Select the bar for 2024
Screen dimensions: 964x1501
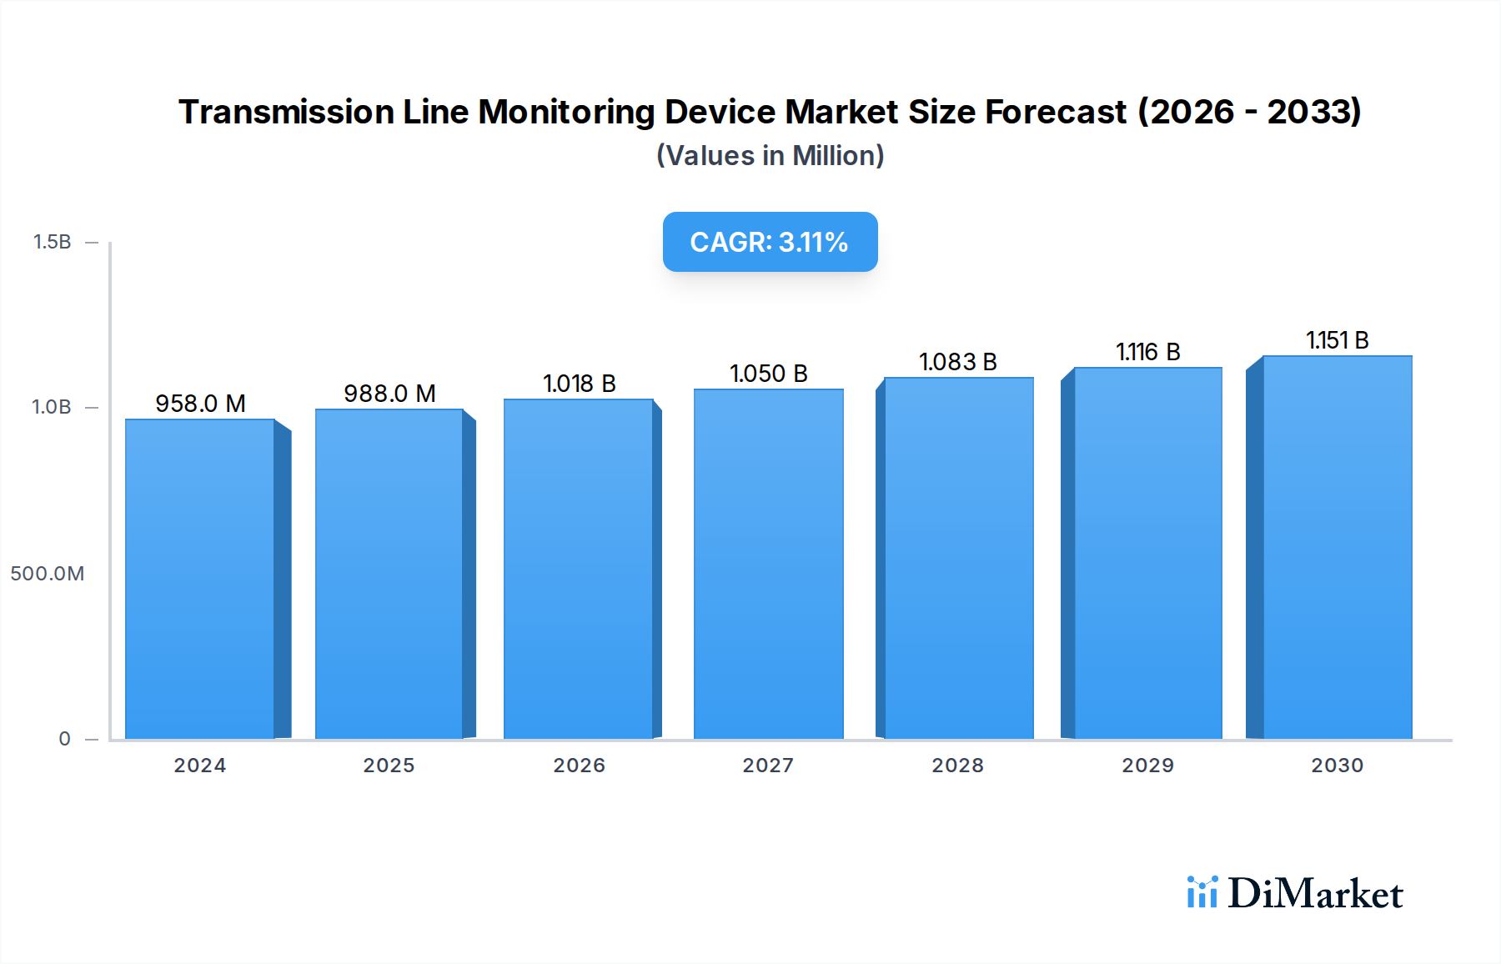point(200,579)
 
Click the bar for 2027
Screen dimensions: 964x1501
point(768,564)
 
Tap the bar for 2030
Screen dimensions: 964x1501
point(1338,547)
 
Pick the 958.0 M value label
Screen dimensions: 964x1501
point(200,404)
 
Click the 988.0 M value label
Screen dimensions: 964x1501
point(389,394)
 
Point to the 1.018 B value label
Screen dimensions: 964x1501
point(579,384)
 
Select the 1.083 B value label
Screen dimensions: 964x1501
point(957,362)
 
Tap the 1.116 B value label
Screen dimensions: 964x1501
point(1147,352)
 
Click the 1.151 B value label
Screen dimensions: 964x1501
point(1337,340)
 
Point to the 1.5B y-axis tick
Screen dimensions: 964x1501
point(52,242)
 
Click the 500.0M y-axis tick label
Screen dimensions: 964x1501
point(47,574)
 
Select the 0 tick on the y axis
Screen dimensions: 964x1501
point(64,739)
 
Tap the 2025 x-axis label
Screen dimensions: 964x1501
point(389,766)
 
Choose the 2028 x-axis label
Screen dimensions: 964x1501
point(957,766)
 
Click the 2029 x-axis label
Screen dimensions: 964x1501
point(1147,766)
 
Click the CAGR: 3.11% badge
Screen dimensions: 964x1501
point(770,242)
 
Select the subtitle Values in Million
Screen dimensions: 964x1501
point(770,156)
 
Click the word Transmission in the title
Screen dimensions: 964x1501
point(286,112)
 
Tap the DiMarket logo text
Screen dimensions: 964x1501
point(1314,894)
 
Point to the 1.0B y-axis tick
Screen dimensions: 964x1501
point(52,407)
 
